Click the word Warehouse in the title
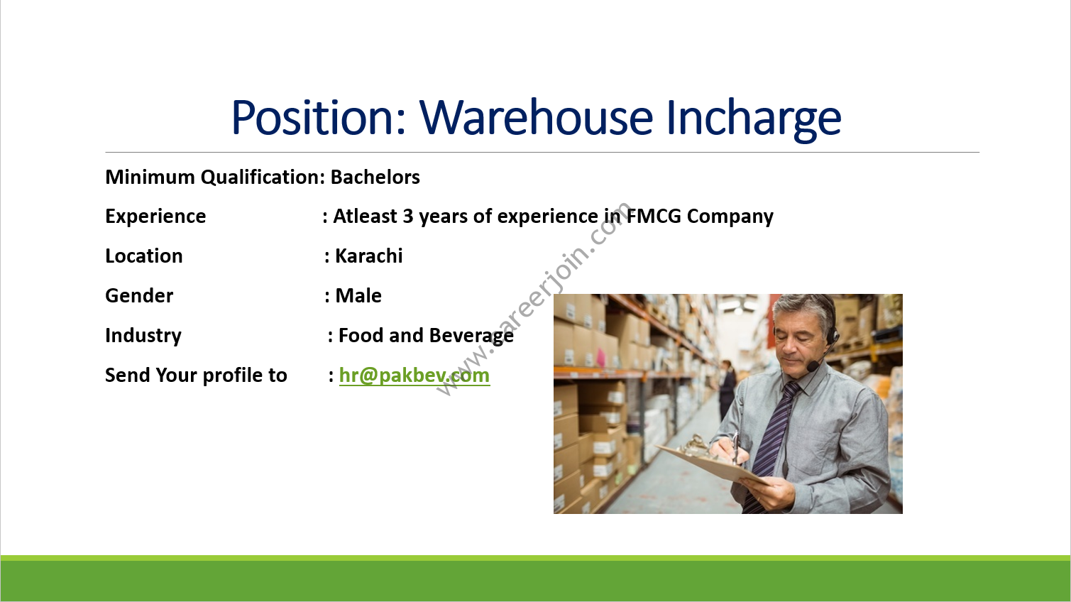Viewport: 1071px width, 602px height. [x=536, y=117]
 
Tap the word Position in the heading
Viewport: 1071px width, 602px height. [x=319, y=117]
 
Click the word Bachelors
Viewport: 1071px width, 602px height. [x=375, y=177]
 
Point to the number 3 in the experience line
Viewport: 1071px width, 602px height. [x=408, y=217]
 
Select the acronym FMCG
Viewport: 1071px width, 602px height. [x=654, y=216]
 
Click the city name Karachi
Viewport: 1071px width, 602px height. [x=368, y=256]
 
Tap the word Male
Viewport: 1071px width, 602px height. [x=358, y=295]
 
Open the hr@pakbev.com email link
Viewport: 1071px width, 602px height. [x=414, y=376]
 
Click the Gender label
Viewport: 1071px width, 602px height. [x=139, y=295]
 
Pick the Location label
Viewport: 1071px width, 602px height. [x=144, y=256]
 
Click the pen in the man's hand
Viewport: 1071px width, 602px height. [x=735, y=447]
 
